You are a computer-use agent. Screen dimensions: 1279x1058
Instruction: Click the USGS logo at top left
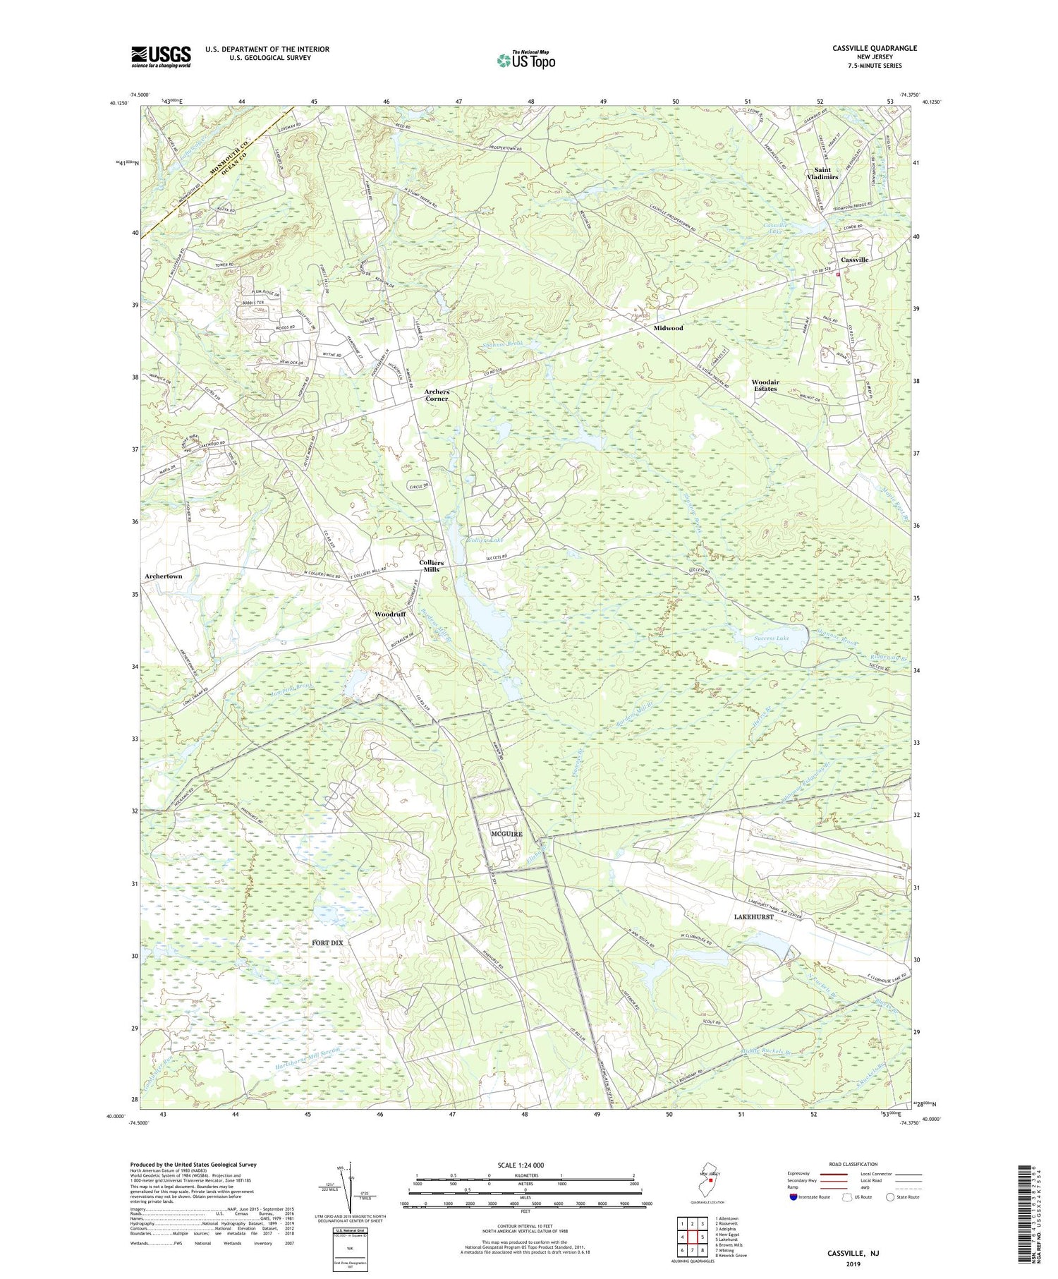pyautogui.click(x=161, y=56)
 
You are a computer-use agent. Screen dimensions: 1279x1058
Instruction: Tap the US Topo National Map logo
pyautogui.click(x=525, y=60)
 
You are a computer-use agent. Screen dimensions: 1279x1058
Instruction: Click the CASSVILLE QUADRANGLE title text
pyautogui.click(x=875, y=48)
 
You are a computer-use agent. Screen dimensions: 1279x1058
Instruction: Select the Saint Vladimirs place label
pyautogui.click(x=822, y=174)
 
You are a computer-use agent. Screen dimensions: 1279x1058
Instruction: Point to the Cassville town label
pyautogui.click(x=854, y=260)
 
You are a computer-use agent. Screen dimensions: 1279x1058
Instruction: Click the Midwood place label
pyautogui.click(x=668, y=328)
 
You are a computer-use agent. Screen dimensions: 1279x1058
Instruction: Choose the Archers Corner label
pyautogui.click(x=436, y=395)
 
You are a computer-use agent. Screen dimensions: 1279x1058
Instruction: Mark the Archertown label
pyautogui.click(x=163, y=576)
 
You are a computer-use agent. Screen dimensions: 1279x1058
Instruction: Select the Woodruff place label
pyautogui.click(x=390, y=614)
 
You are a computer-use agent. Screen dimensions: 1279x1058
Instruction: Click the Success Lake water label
pyautogui.click(x=771, y=638)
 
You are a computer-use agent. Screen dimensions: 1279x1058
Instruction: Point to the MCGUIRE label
pyautogui.click(x=506, y=834)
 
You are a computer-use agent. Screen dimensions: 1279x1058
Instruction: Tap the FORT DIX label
pyautogui.click(x=327, y=942)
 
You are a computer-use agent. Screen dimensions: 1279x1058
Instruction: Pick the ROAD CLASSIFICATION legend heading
pyautogui.click(x=853, y=1165)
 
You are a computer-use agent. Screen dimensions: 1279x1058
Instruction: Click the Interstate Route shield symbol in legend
pyautogui.click(x=793, y=1197)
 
